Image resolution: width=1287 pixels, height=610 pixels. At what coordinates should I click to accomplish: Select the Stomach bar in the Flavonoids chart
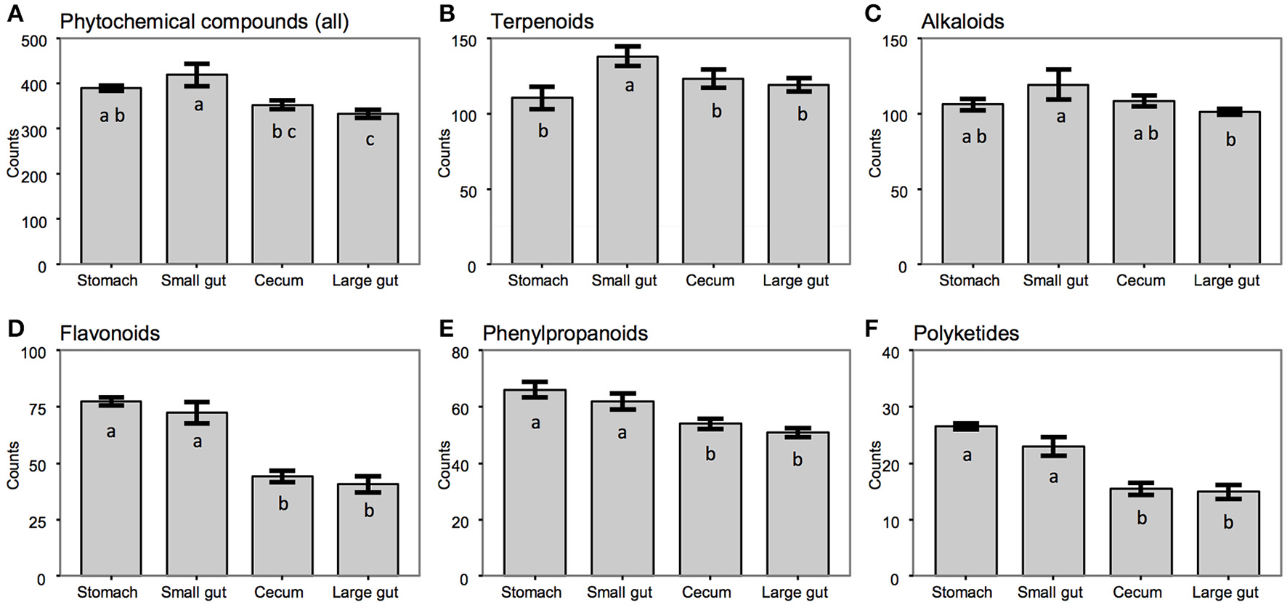(110, 494)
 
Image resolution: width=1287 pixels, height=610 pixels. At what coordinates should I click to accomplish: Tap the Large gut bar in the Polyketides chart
(1227, 537)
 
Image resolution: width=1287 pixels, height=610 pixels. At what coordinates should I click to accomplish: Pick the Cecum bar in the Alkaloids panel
(1143, 189)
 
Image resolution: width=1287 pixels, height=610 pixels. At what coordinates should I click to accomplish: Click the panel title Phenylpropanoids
(565, 333)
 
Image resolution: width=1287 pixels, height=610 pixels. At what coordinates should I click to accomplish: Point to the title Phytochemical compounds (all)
(204, 21)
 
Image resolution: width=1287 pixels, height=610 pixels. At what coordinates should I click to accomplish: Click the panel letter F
(872, 329)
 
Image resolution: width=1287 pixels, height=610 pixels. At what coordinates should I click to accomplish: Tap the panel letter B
(447, 14)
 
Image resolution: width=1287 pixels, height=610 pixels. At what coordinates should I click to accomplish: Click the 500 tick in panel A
(33, 41)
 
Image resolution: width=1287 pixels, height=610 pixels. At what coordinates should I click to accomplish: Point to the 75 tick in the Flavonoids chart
(36, 409)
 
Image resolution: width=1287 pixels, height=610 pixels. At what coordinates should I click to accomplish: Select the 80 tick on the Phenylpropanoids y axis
(460, 352)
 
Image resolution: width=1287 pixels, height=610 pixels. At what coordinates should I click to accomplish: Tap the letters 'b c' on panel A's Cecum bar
(283, 133)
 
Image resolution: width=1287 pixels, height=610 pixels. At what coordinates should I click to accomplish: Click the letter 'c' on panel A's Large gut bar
(370, 139)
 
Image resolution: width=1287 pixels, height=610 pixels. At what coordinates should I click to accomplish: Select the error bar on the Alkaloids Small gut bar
(1058, 84)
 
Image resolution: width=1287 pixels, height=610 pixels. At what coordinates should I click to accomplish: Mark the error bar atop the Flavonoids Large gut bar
(368, 484)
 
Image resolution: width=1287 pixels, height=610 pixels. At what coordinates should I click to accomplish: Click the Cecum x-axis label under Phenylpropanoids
(706, 593)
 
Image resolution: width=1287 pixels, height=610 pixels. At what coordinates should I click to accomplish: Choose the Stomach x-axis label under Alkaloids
(969, 280)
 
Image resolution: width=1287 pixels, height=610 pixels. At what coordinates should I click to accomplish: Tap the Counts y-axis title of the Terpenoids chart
(444, 154)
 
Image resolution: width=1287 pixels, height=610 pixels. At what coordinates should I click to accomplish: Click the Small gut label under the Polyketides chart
(1050, 593)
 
